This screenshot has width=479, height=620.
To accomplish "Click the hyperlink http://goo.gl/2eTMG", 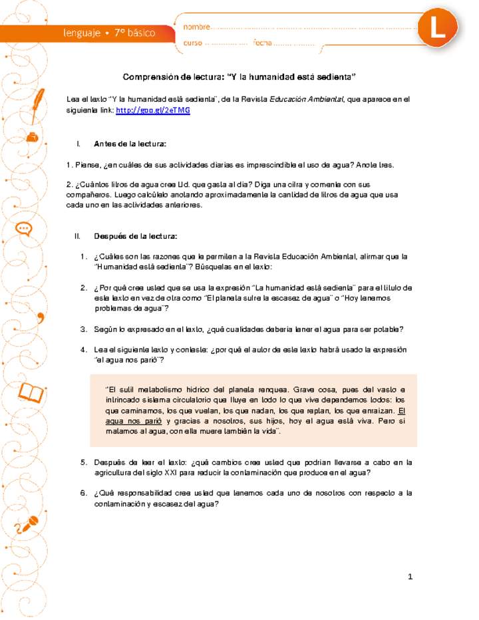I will [153, 110].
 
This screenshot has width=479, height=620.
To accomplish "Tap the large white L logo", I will [438, 29].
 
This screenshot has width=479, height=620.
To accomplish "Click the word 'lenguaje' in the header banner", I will [81, 33].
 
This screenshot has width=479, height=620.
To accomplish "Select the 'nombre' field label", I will [196, 27].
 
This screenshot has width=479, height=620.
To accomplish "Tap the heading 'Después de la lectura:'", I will [136, 235].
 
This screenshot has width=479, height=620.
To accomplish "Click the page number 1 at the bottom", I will [410, 576].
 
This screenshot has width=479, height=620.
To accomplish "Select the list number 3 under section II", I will [84, 329].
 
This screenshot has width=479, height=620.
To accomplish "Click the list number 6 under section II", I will [84, 493].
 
